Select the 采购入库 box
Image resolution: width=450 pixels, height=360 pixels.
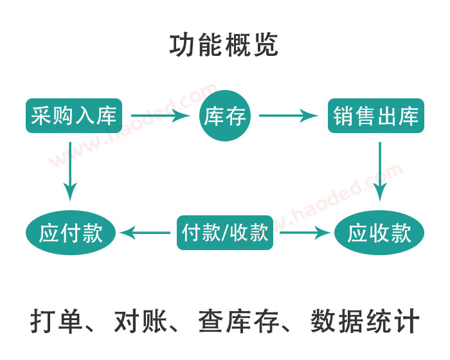coord(73,116)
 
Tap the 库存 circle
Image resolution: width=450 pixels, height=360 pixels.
coord(225,116)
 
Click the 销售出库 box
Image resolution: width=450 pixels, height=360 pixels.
coord(376,116)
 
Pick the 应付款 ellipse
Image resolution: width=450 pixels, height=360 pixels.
coord(71,232)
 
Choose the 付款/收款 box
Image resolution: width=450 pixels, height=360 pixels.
coord(225,232)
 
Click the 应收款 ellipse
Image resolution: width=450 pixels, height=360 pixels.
coord(379,232)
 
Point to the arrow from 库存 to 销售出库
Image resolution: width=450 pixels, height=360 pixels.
coord(289,116)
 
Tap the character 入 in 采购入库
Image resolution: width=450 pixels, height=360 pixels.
coord(85,116)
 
